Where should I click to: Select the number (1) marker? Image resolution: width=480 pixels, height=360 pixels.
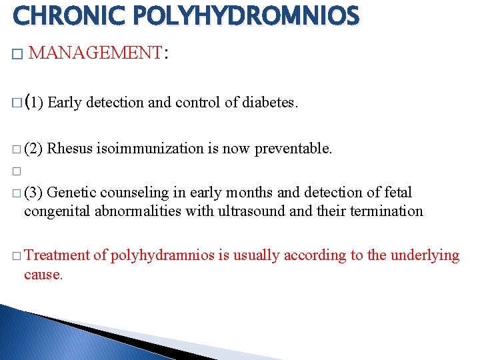pyautogui.click(x=34, y=103)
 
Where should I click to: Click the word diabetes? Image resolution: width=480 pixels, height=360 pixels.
pyautogui.click(x=269, y=103)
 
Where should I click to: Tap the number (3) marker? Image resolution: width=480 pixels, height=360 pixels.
pyautogui.click(x=33, y=193)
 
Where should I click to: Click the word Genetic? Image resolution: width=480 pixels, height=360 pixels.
pyautogui.click(x=71, y=193)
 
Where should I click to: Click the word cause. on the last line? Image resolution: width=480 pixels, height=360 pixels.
pyautogui.click(x=43, y=274)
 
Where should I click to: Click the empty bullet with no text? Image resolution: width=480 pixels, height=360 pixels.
pyautogui.click(x=17, y=171)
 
